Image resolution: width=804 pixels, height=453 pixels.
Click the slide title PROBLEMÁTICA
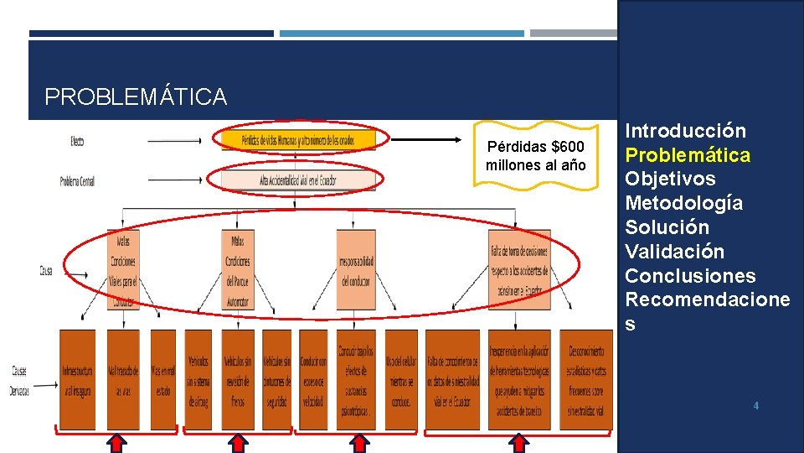[x=136, y=97]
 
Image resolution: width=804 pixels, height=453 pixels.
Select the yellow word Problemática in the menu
[x=688, y=155]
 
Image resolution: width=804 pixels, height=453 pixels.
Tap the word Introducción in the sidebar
[x=685, y=131]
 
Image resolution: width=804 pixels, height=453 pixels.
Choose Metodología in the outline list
[x=683, y=203]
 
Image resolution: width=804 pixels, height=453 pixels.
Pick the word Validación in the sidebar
[x=674, y=252]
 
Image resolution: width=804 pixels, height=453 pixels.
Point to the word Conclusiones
[x=690, y=276]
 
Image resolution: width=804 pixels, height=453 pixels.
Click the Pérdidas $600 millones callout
[x=536, y=157]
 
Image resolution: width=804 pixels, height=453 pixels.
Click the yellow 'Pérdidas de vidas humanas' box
[x=298, y=140]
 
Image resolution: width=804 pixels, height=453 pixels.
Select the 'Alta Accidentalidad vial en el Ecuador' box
[x=298, y=179]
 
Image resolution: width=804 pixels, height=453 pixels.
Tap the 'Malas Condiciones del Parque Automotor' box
[x=237, y=268]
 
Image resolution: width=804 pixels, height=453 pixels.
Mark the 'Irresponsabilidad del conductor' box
[x=356, y=268]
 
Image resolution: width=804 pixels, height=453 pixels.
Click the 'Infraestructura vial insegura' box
[x=77, y=379]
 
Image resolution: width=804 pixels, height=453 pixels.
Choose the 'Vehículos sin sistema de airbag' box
[x=198, y=379]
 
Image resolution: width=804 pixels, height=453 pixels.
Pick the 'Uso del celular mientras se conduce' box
[x=400, y=379]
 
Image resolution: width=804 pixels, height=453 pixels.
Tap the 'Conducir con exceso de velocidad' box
[x=313, y=379]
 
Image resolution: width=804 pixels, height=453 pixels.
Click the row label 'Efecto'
[x=76, y=141]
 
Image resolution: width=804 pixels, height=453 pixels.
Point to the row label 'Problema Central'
[x=77, y=180]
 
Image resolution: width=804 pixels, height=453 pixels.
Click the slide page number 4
[x=756, y=406]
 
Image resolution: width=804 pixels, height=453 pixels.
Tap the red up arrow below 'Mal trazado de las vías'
[x=117, y=441]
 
